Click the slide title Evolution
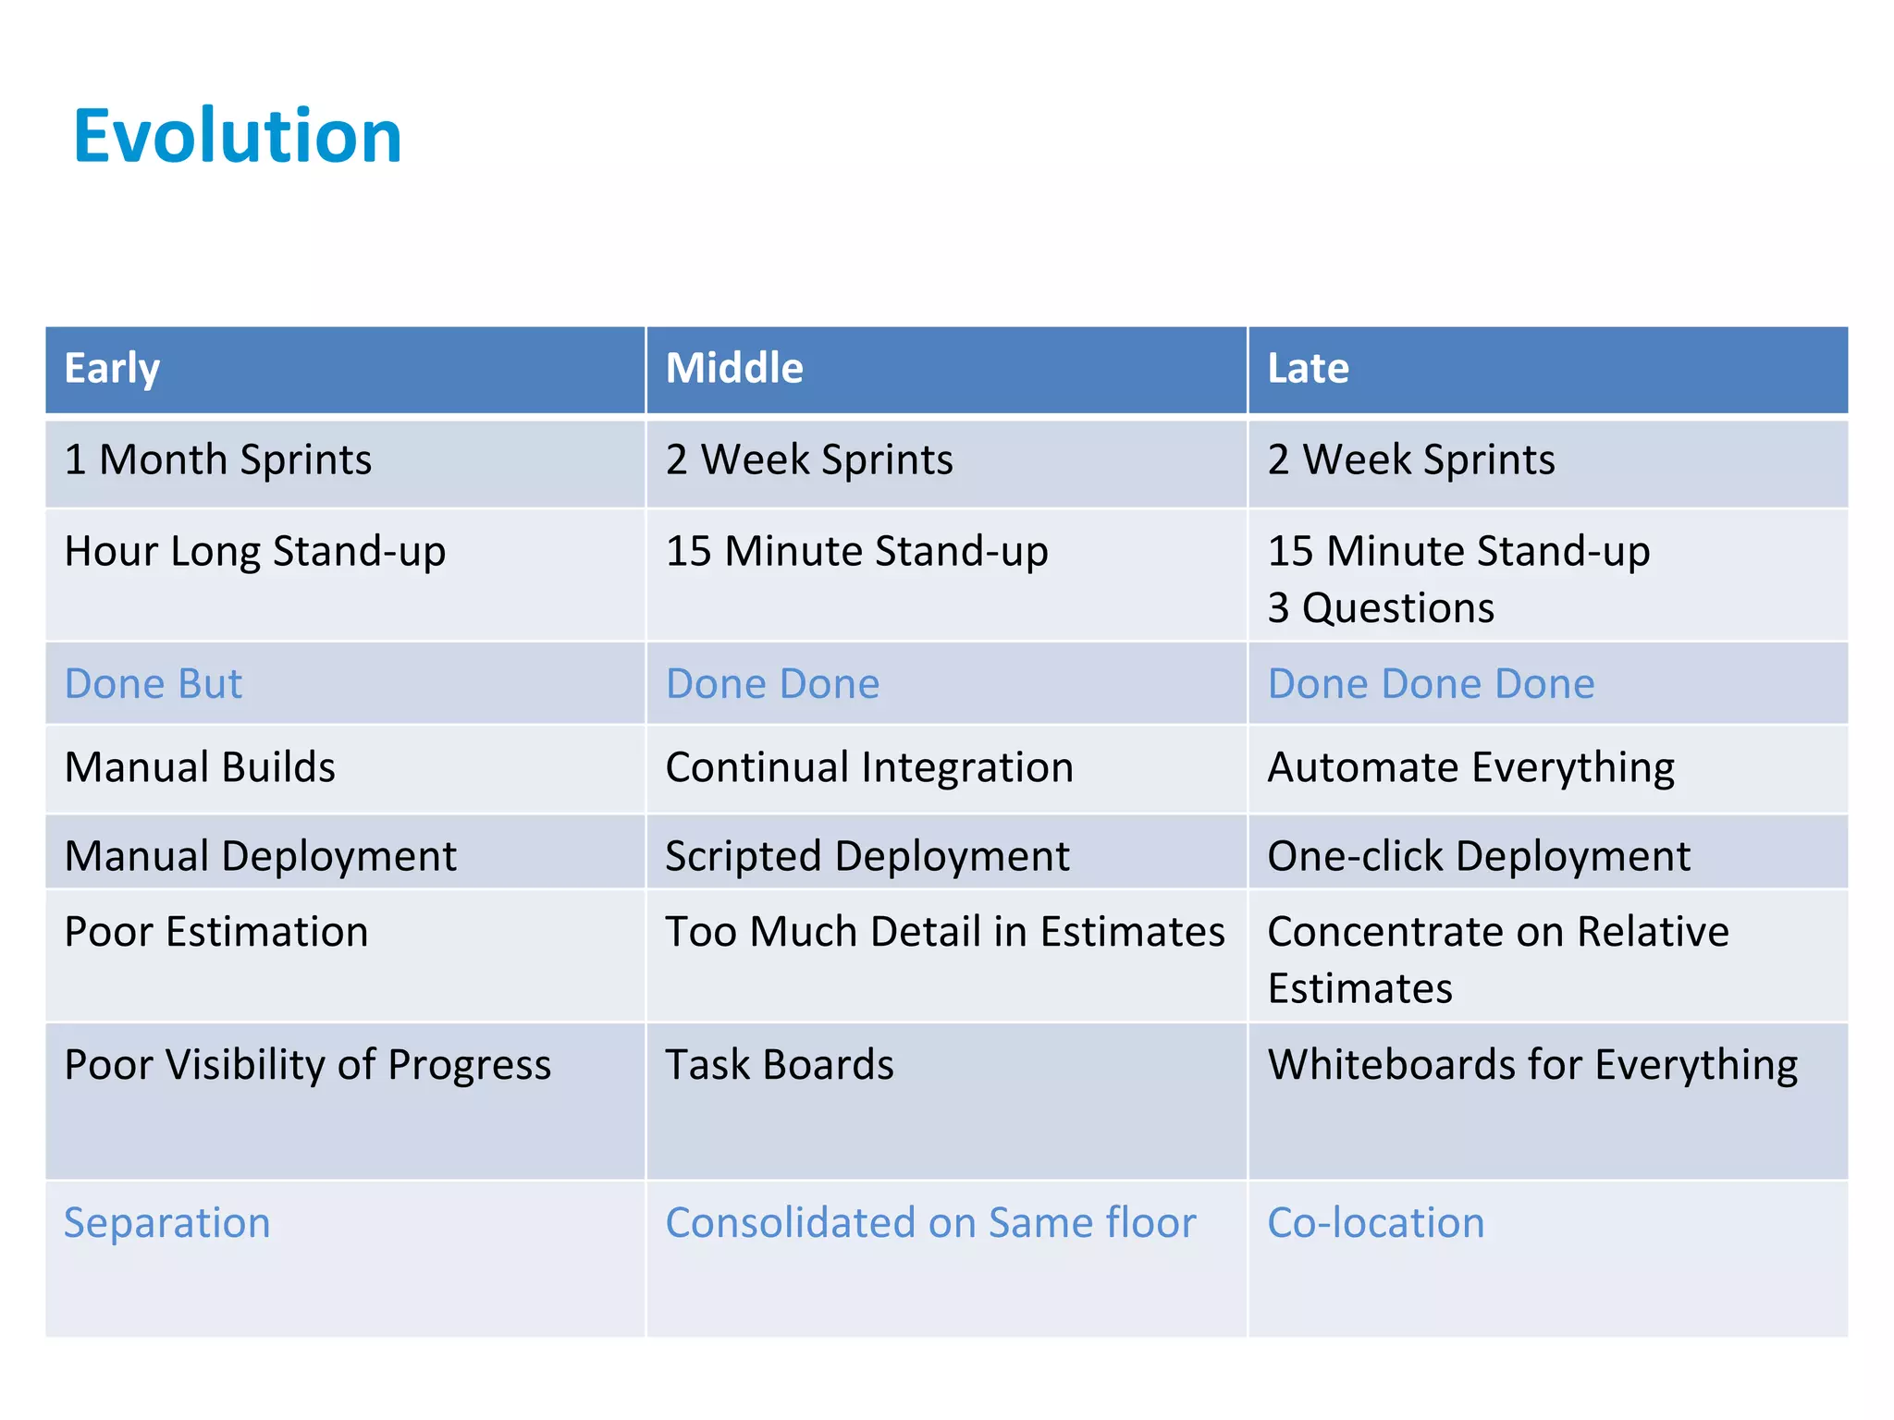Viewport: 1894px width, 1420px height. [x=237, y=136]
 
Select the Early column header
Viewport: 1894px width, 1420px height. [x=112, y=368]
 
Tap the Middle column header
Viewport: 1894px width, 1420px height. [x=734, y=368]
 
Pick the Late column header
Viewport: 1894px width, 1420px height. [x=1308, y=368]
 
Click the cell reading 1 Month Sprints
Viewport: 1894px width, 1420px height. [x=218, y=459]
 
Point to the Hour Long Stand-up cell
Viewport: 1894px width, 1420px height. [x=255, y=551]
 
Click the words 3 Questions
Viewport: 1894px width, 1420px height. [x=1381, y=608]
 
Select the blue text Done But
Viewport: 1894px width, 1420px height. [x=154, y=684]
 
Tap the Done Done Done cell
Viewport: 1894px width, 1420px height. [x=1431, y=684]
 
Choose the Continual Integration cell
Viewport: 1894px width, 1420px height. [x=869, y=767]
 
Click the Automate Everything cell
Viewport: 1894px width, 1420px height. [x=1470, y=767]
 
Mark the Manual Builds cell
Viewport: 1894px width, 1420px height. [x=200, y=767]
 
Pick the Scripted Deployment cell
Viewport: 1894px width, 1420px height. [x=867, y=856]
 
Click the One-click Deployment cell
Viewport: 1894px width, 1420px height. [x=1479, y=856]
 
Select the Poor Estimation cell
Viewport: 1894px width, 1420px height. [x=216, y=932]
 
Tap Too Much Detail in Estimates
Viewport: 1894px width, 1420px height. [x=945, y=932]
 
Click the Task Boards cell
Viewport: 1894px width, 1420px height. [x=780, y=1065]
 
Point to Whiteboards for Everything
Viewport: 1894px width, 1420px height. [x=1532, y=1065]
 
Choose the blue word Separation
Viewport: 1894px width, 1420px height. [x=167, y=1223]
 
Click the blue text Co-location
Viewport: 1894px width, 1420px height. [x=1376, y=1223]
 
